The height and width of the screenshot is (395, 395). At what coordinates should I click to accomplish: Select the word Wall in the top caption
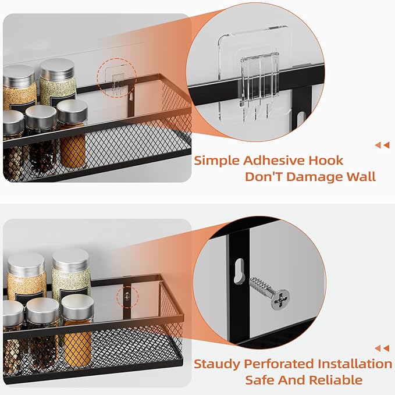click(360, 177)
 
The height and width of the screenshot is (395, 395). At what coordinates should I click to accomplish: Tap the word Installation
click(355, 364)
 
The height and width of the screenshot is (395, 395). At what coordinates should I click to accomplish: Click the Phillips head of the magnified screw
click(280, 298)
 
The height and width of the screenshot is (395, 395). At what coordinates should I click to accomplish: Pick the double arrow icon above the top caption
click(382, 145)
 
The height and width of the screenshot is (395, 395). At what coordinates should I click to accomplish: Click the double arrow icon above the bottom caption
click(382, 348)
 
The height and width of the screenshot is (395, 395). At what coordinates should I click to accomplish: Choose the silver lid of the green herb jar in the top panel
click(56, 67)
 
